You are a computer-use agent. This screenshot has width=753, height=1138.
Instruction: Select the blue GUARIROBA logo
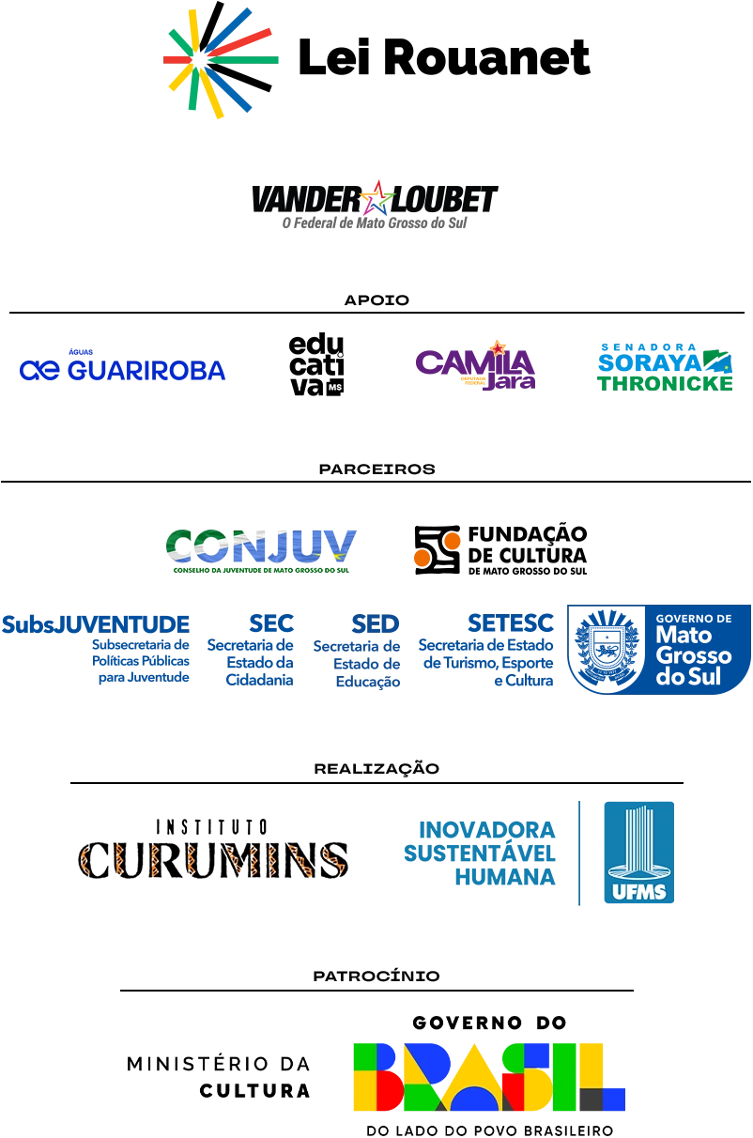click(121, 369)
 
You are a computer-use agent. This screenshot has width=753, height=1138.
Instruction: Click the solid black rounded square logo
click(315, 362)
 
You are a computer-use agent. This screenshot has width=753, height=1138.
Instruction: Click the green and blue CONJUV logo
click(262, 550)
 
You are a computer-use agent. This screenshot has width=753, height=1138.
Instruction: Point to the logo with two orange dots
click(501, 550)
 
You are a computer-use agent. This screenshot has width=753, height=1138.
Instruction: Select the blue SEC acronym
click(274, 623)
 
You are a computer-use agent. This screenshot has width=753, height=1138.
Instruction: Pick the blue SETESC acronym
click(511, 622)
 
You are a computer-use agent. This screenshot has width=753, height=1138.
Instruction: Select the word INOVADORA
click(484, 830)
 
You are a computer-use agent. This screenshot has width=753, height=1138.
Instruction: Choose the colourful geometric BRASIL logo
click(488, 1073)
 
